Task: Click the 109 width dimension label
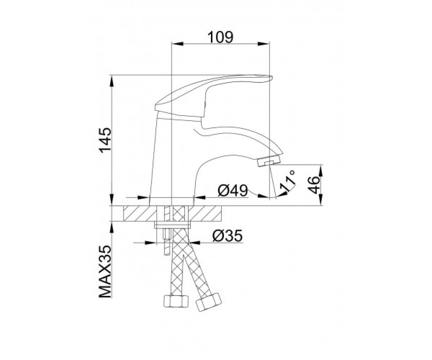tap(220, 37)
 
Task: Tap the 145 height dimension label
tap(105, 140)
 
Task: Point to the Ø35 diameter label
tap(228, 236)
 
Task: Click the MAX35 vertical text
tap(105, 271)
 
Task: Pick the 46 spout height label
tap(314, 185)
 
